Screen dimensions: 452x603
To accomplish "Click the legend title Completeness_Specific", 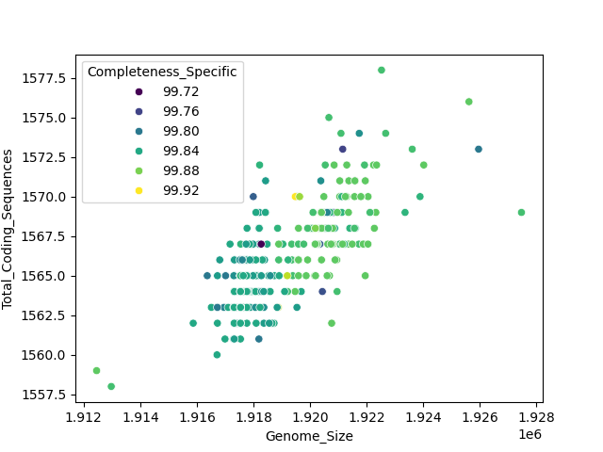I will [x=162, y=73].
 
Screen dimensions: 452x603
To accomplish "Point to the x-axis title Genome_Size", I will [x=309, y=436].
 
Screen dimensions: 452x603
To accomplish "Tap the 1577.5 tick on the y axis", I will [x=46, y=78].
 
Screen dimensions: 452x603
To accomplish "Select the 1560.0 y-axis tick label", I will [x=46, y=355].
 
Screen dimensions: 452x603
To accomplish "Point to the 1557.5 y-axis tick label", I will [x=46, y=395].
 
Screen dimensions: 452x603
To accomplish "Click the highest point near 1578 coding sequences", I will [x=382, y=70].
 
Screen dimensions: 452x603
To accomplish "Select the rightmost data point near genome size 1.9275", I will [x=521, y=213].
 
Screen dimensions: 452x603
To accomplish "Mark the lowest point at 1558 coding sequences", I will [x=111, y=386].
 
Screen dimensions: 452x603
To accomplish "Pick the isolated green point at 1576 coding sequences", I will [x=468, y=102].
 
